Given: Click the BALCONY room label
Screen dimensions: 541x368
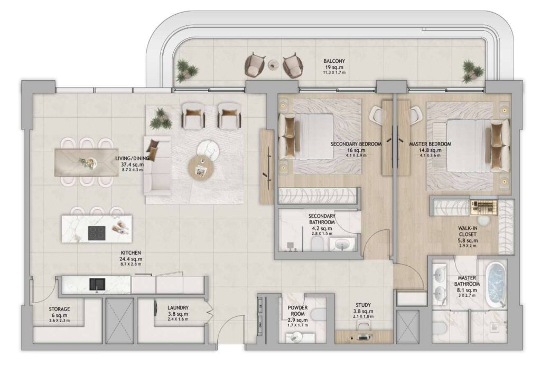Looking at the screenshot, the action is point(334,61).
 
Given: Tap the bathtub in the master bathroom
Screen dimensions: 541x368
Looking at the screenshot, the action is point(496,283).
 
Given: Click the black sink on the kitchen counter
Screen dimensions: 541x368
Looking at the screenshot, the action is point(97,285).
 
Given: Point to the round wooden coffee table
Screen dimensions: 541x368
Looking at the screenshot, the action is point(202,167).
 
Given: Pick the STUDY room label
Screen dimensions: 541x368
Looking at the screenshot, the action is point(363,305).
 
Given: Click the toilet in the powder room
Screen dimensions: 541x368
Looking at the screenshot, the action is point(318,314).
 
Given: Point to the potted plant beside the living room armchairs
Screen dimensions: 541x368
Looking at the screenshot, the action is point(161,118).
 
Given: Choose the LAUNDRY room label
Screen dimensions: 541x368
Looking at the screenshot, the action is point(178,308).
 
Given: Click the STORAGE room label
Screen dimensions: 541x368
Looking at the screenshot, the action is point(59,309).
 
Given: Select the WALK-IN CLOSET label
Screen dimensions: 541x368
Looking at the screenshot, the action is point(468,231).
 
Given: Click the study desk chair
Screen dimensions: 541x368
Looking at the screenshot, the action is point(363,324).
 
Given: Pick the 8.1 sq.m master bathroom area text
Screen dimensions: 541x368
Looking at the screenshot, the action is point(467,290).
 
